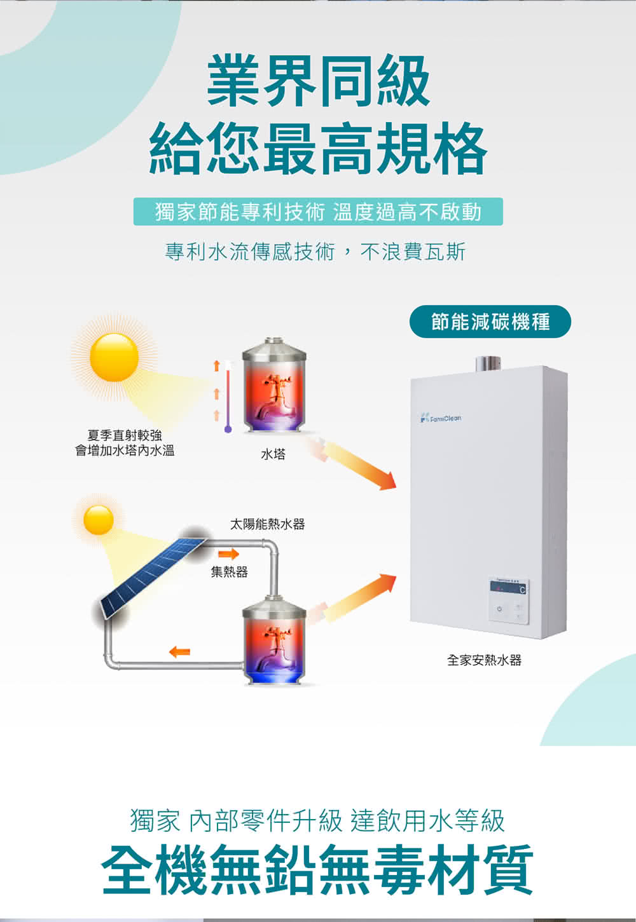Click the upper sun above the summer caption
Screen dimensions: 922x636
pos(114,358)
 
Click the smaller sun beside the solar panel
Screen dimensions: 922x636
pos(98,520)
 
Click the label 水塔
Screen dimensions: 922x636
pos(273,454)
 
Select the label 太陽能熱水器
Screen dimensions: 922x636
pos(267,524)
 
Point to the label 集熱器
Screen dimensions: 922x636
pos(230,573)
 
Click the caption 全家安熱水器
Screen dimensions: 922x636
pos(484,660)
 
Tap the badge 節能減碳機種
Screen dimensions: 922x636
pos(490,322)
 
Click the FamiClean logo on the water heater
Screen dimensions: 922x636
pos(441,418)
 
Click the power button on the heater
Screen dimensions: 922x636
pos(499,609)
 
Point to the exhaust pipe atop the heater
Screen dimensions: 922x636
pos(488,363)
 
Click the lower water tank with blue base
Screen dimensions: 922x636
pos(274,642)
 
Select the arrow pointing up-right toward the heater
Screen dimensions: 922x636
pos(359,597)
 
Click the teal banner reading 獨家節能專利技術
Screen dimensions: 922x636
pos(318,212)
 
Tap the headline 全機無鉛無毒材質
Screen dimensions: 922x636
pos(318,869)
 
